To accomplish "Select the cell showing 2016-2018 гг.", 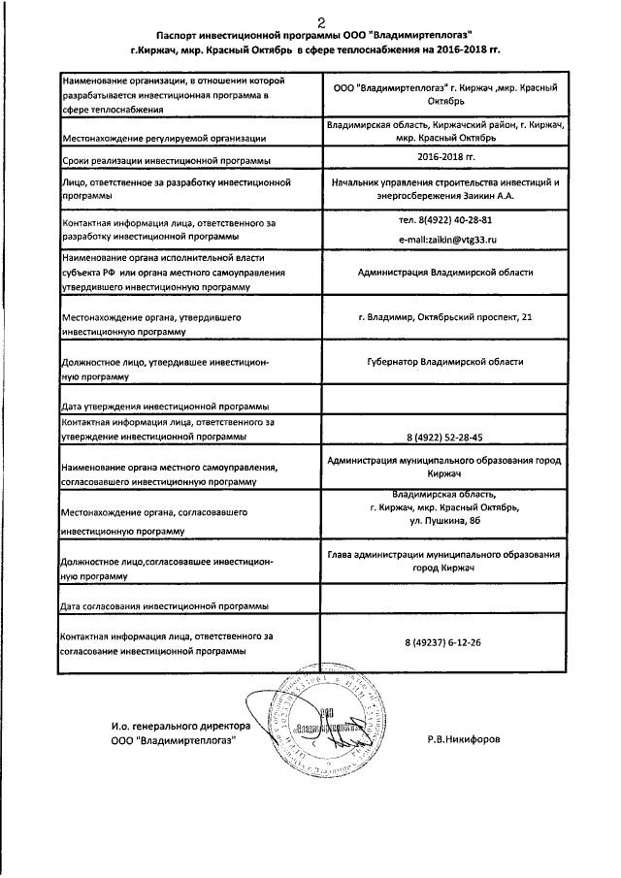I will (x=444, y=155).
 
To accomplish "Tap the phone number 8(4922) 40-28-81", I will (x=445, y=219).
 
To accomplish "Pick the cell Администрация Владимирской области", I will (x=445, y=273).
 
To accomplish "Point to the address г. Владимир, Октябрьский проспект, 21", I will (x=444, y=317).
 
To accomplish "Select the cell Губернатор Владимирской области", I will (x=445, y=362).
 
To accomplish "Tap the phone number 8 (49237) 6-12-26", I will (x=445, y=642).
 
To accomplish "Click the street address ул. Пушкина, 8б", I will (x=445, y=521).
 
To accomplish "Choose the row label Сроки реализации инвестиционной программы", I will (x=165, y=159).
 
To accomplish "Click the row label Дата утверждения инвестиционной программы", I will (x=165, y=406).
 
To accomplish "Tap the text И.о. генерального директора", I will (x=174, y=726).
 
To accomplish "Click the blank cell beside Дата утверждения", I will (x=445, y=401).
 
